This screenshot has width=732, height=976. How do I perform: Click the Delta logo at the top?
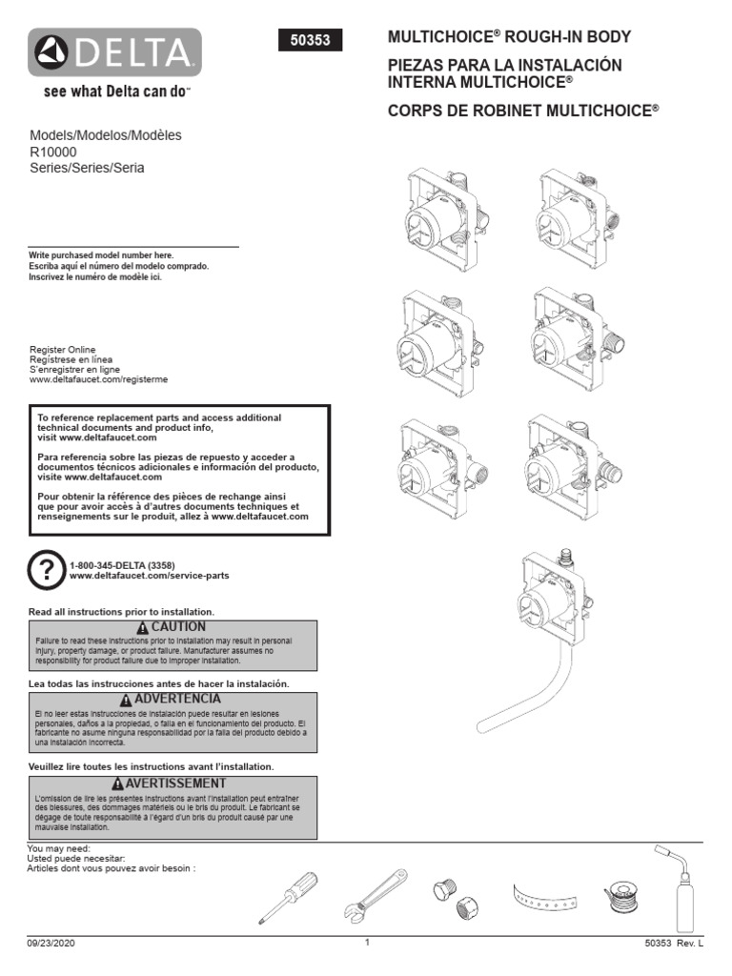point(114,52)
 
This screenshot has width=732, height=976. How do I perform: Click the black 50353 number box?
point(309,41)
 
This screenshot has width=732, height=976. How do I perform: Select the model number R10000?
point(53,152)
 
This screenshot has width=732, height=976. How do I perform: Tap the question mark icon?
point(46,569)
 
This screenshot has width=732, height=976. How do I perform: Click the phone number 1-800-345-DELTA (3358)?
point(122,565)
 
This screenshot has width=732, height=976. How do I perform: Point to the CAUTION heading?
point(172,627)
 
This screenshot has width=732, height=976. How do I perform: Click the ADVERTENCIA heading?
point(172,700)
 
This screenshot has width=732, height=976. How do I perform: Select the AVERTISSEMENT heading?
point(172,783)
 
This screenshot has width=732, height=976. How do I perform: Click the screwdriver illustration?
point(283,896)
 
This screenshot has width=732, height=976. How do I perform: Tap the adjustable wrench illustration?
point(372,896)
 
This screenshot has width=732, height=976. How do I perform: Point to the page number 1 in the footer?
point(366,943)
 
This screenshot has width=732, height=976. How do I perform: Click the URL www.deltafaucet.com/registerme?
point(99,379)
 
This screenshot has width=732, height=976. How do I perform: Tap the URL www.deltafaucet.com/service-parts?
point(149,576)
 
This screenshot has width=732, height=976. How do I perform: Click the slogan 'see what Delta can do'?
point(113,93)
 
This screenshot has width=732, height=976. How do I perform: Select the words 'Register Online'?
point(63,350)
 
